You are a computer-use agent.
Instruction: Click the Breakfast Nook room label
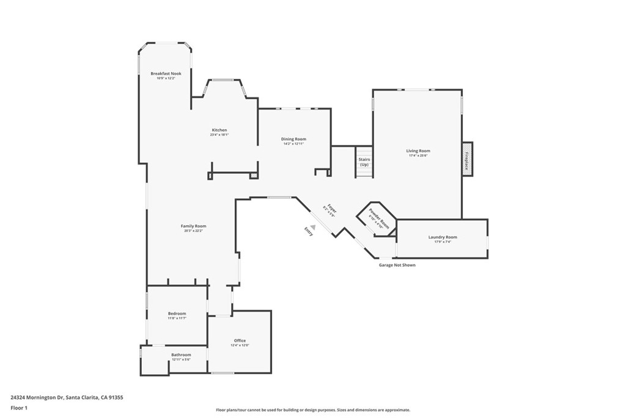(x=166, y=73)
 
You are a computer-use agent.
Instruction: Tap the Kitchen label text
(x=219, y=130)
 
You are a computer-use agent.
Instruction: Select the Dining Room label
(x=293, y=139)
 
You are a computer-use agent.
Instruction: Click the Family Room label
(x=193, y=226)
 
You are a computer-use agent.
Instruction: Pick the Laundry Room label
(x=443, y=237)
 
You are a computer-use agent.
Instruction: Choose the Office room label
(x=240, y=340)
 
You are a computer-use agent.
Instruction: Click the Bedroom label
(x=177, y=313)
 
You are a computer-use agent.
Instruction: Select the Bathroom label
(x=181, y=354)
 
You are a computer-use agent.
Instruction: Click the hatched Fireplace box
(x=467, y=159)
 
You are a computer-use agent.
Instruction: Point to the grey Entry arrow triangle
(x=313, y=227)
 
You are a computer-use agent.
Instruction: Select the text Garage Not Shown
(x=397, y=265)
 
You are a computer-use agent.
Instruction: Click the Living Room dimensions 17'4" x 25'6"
(x=418, y=155)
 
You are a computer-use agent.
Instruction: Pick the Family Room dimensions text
(x=193, y=231)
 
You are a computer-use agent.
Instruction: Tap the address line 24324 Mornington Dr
(x=67, y=397)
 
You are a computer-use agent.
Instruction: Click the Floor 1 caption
(x=19, y=408)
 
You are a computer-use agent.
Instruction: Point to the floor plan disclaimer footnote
(x=312, y=410)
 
